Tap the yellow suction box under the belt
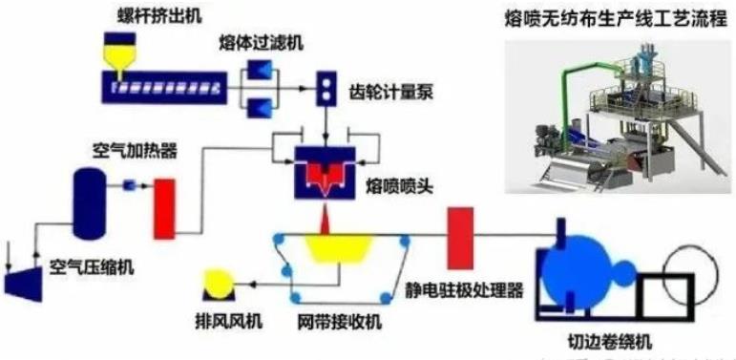pyautogui.click(x=338, y=250)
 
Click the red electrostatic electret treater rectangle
pyautogui.click(x=462, y=231)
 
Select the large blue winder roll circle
pyautogui.click(x=590, y=252)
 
